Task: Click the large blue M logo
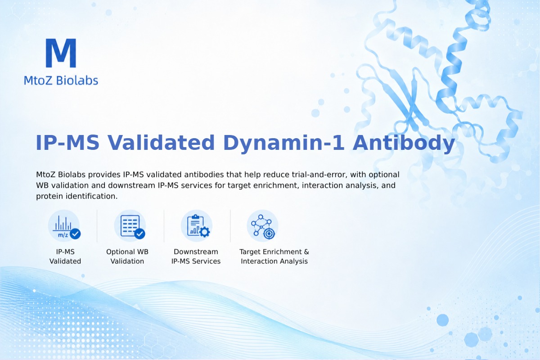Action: tap(61, 53)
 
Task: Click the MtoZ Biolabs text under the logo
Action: tap(61, 80)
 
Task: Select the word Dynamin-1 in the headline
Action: tap(283, 143)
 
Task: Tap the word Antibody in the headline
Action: tap(404, 143)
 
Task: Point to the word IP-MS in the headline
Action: tap(67, 143)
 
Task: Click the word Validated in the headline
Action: tap(161, 143)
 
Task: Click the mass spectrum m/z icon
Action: tap(64, 226)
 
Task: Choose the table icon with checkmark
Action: tap(130, 226)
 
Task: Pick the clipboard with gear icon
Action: tap(197, 226)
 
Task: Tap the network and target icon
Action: tap(262, 226)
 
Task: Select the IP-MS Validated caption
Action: tap(65, 256)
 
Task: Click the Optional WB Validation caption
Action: tap(127, 256)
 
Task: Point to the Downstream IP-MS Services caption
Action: tap(196, 256)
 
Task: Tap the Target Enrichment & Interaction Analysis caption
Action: tap(274, 256)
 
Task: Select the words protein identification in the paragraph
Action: tap(76, 196)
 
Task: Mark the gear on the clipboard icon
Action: tap(205, 232)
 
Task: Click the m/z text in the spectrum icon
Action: tap(63, 235)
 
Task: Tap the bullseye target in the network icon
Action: tap(269, 234)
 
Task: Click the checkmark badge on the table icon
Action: tap(140, 234)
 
